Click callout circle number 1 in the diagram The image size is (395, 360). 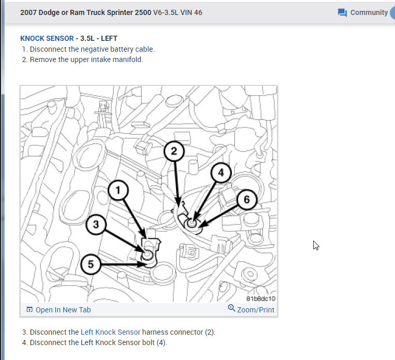point(118,190)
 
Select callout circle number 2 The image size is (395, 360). point(174,151)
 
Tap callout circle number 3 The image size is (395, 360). point(96,224)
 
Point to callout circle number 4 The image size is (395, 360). point(221,173)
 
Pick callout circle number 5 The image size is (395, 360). point(91,264)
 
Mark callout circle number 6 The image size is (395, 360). point(247,200)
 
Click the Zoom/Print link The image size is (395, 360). point(255,310)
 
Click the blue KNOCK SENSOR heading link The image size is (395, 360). point(47,38)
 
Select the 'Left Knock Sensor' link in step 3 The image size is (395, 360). point(110,332)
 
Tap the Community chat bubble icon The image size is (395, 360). point(342,12)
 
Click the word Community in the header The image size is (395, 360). point(369,12)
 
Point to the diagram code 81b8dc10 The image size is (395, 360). point(261,298)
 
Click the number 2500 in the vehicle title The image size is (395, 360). point(143,12)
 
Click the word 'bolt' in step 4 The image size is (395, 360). point(148,342)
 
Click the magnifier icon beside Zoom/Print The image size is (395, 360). point(231,308)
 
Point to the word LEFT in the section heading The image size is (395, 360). point(109,38)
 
